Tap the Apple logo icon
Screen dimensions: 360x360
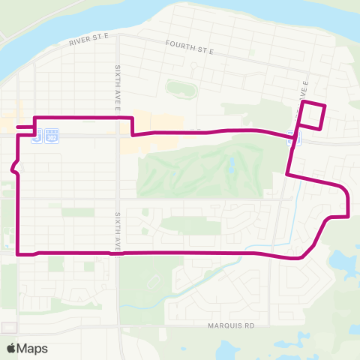pyautogui.click(x=11, y=348)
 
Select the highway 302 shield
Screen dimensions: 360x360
pyautogui.click(x=51, y=139)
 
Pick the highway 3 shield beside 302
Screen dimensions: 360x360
pyautogui.click(x=37, y=138)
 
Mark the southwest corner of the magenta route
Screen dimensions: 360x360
pyautogui.click(x=17, y=253)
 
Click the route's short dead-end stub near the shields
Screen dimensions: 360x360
pyautogui.click(x=24, y=128)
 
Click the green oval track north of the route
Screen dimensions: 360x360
pyautogui.click(x=181, y=89)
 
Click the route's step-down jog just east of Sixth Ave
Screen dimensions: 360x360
pyautogui.click(x=132, y=127)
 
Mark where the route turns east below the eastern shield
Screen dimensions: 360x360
pyautogui.click(x=289, y=175)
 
